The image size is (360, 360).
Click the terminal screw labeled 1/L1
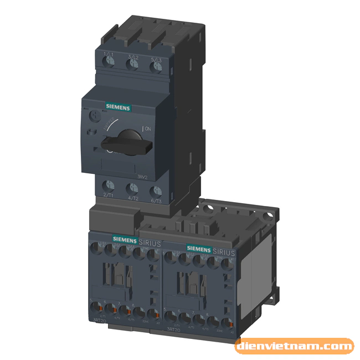[108, 64]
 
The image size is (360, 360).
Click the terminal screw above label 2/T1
[108, 187]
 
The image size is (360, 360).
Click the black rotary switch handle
[127, 143]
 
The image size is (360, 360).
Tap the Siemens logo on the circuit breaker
[117, 107]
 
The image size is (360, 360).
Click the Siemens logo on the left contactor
[125, 239]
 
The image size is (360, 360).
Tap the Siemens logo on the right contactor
[198, 248]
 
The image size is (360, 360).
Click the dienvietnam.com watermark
[294, 347]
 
